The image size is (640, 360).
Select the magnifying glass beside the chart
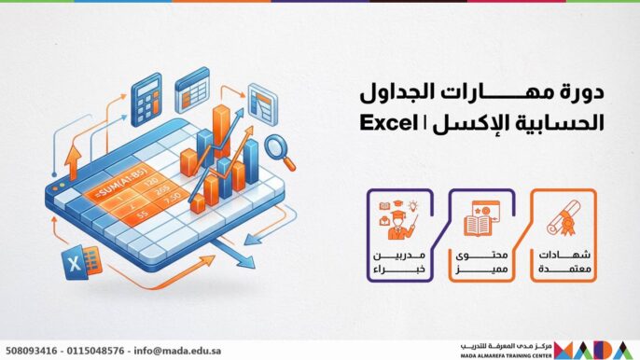pyautogui.click(x=277, y=146)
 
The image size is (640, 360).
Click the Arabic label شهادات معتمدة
pyautogui.click(x=563, y=262)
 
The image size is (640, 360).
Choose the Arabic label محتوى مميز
pyautogui.click(x=480, y=262)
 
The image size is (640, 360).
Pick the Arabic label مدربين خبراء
pyautogui.click(x=397, y=262)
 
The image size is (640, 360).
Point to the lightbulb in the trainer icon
pyautogui.click(x=413, y=206)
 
